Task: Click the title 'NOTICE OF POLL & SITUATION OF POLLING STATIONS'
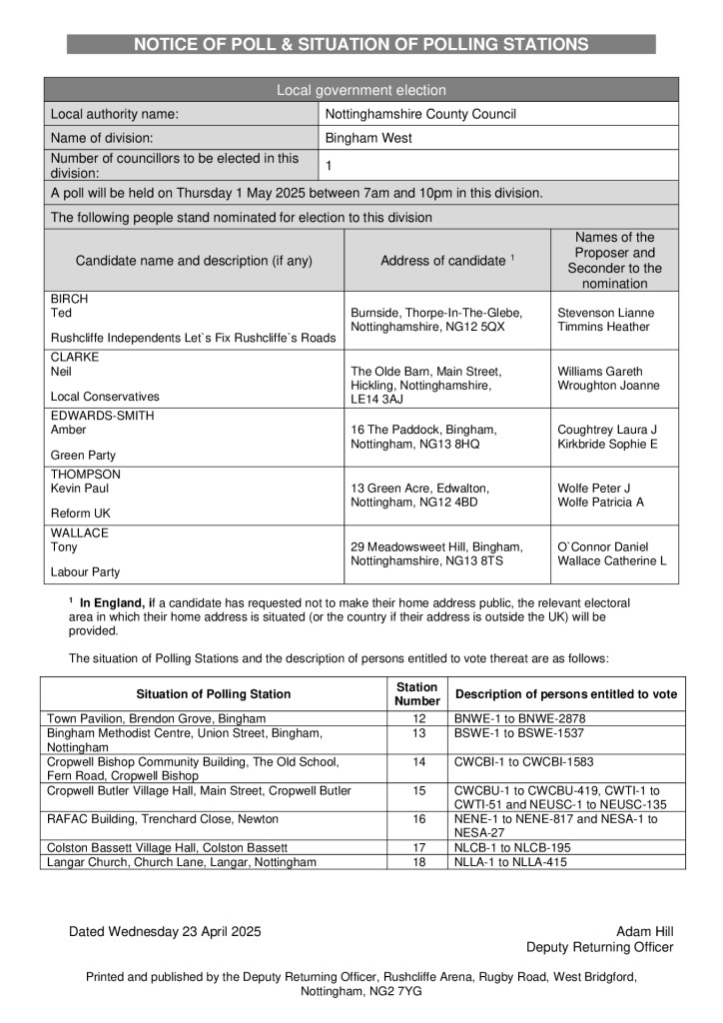click(361, 44)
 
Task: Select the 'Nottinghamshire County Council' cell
click(420, 114)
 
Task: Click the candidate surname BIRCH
click(70, 299)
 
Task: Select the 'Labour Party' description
click(85, 572)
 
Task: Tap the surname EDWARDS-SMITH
click(103, 416)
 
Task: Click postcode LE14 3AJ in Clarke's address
click(378, 400)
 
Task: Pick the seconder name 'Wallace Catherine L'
click(611, 560)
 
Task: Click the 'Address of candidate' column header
click(444, 261)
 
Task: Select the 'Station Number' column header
click(416, 693)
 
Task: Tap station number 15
click(418, 791)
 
